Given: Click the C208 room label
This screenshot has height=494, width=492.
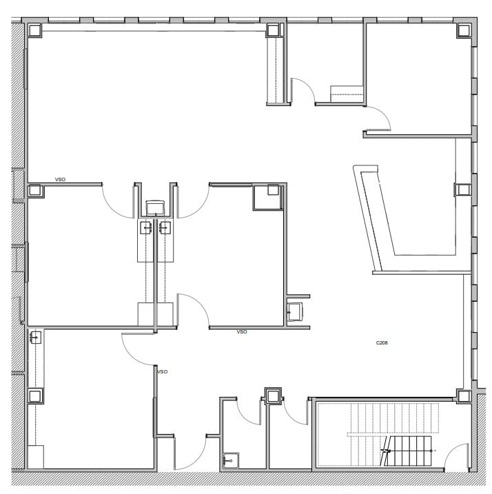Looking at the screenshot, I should (382, 342).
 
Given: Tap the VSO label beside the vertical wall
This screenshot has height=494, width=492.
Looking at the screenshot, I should (163, 372).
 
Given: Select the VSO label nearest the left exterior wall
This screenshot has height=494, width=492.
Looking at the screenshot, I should (60, 180).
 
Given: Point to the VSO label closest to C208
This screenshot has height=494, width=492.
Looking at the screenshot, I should (242, 332).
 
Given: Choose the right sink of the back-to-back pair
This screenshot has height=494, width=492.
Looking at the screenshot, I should (164, 228).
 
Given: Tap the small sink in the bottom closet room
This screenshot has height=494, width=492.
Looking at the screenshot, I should (230, 460).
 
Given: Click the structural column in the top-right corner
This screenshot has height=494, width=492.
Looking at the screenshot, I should (464, 30).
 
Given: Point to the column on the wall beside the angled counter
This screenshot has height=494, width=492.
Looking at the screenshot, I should (462, 189).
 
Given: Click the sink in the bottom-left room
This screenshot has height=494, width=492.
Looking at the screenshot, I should (35, 338).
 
